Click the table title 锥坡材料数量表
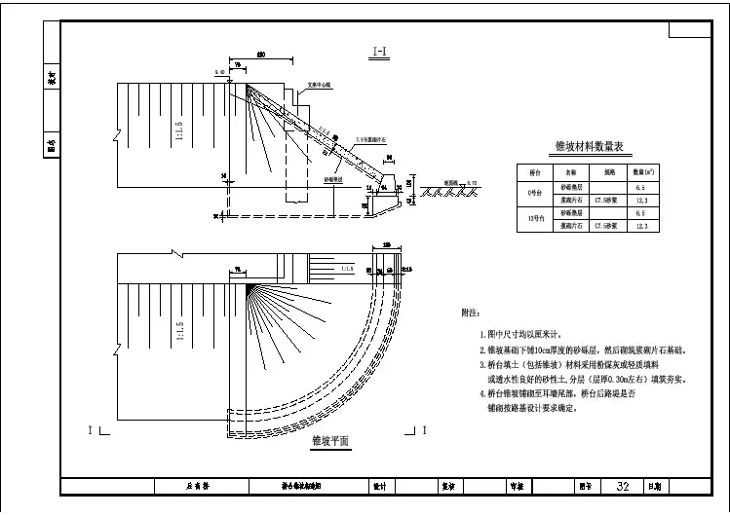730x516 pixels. pyautogui.click(x=595, y=147)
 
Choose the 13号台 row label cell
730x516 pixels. pyautogui.click(x=534, y=218)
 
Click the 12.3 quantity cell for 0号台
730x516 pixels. pyautogui.click(x=640, y=199)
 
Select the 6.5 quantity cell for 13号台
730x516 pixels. pyautogui.click(x=640, y=212)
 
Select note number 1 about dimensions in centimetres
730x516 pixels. pyautogui.click(x=526, y=334)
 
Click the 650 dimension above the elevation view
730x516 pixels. pyautogui.click(x=261, y=55)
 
